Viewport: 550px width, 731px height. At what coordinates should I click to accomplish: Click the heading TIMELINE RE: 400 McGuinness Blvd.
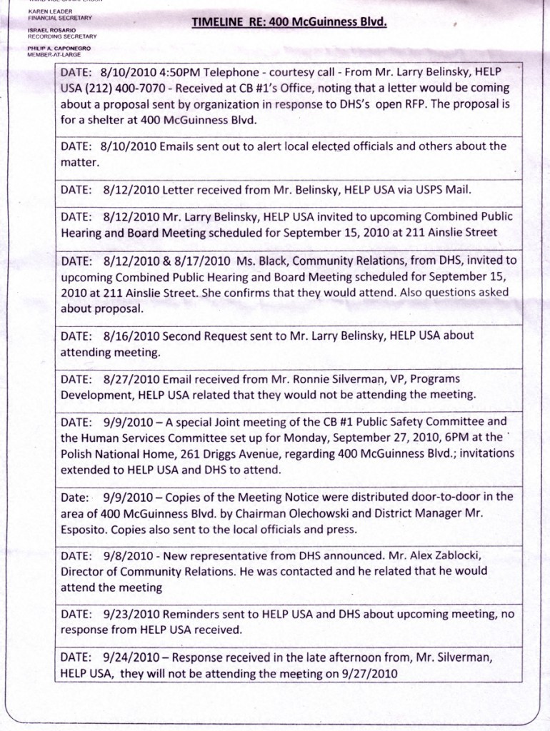point(289,22)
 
